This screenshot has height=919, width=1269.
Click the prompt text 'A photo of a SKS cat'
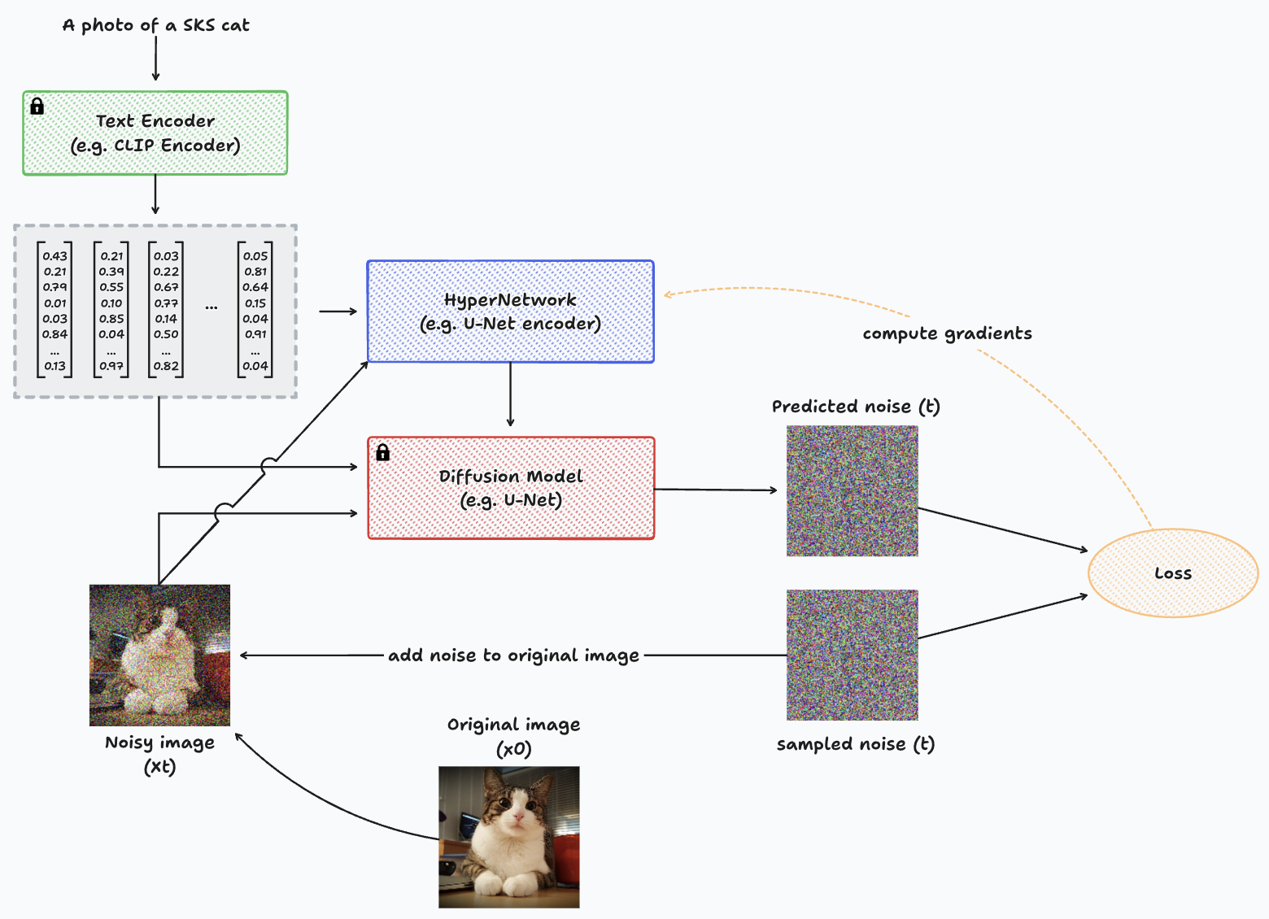[155, 25]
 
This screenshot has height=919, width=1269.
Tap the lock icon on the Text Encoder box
[37, 107]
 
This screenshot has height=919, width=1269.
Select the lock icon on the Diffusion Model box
[382, 452]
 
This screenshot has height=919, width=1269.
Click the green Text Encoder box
[155, 133]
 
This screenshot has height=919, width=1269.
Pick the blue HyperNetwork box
[510, 311]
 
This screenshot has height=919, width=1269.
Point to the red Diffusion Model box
[510, 488]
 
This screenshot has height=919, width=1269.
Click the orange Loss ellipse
[1172, 573]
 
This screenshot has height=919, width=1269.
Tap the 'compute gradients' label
[947, 333]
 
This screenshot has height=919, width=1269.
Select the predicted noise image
[852, 491]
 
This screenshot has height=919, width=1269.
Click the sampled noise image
[852, 655]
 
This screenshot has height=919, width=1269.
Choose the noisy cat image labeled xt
[159, 655]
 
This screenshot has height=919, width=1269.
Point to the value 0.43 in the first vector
[55, 256]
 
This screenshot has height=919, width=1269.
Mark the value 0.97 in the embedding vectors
[111, 366]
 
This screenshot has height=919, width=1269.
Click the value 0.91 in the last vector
[255, 334]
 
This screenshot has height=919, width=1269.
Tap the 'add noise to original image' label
[513, 655]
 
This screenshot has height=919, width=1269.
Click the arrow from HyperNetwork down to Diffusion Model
[510, 394]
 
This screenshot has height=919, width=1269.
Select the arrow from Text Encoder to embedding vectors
[155, 195]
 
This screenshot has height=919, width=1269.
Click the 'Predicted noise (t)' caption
[856, 407]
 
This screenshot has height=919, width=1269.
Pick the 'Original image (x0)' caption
[513, 736]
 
